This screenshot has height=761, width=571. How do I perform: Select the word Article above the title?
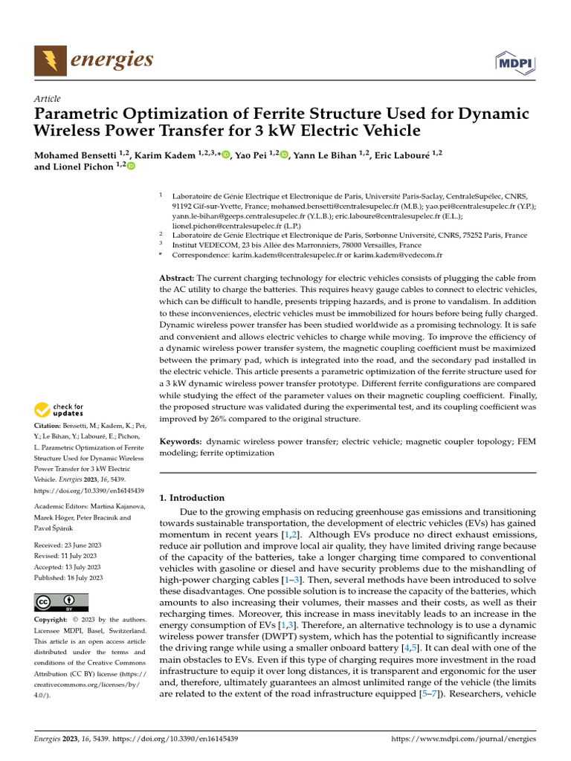48,99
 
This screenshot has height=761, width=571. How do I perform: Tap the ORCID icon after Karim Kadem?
226,155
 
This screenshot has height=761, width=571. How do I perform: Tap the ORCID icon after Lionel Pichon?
132,167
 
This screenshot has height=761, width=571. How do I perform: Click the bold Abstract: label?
177,277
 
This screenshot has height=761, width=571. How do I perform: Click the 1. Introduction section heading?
192,498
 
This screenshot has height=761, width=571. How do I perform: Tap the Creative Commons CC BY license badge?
61,601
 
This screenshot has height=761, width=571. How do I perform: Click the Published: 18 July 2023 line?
69,577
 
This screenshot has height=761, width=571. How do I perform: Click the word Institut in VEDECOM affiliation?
185,245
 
